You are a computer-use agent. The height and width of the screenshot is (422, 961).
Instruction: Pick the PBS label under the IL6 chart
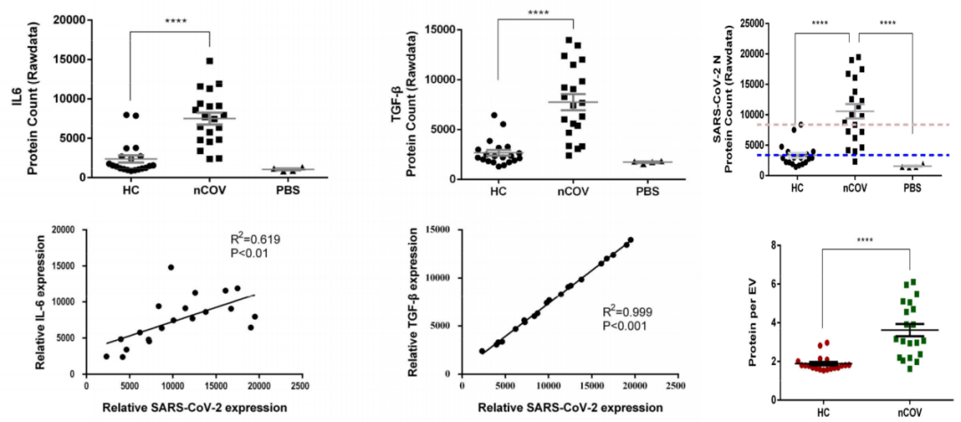coord(283,191)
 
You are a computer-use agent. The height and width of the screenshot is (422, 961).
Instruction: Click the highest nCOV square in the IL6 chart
coord(208,61)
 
